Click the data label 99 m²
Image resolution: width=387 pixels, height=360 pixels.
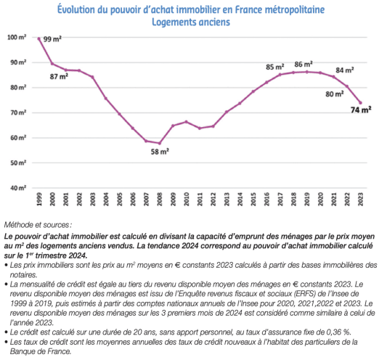(52, 39)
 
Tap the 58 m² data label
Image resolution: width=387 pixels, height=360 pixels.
(160, 152)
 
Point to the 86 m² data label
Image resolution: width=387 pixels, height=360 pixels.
(304, 64)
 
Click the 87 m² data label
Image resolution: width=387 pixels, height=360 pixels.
(59, 76)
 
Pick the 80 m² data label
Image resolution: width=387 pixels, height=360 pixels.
(335, 94)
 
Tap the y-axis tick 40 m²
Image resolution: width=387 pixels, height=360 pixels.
(18, 188)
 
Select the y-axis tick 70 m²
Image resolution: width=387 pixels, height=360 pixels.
(18, 112)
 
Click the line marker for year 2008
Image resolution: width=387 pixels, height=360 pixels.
(160, 143)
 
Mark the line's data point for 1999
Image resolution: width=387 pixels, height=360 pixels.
(39, 38)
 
